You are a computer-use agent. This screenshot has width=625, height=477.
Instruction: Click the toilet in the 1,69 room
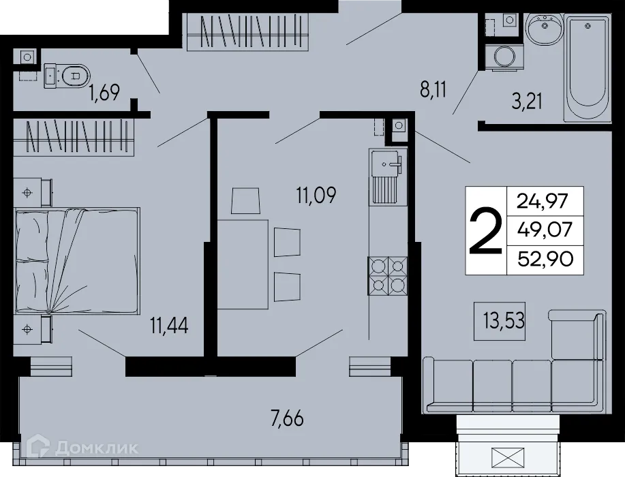click(67, 75)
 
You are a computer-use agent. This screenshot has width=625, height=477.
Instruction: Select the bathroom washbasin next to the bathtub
click(544, 30)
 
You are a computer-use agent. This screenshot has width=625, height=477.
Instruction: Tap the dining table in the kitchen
click(243, 264)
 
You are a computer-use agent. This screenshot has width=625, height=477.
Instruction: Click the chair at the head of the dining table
click(246, 201)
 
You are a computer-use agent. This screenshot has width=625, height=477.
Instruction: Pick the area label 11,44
click(169, 326)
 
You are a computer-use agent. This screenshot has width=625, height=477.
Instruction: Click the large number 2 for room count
click(486, 230)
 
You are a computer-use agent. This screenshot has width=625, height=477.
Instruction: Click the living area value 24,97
click(545, 201)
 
